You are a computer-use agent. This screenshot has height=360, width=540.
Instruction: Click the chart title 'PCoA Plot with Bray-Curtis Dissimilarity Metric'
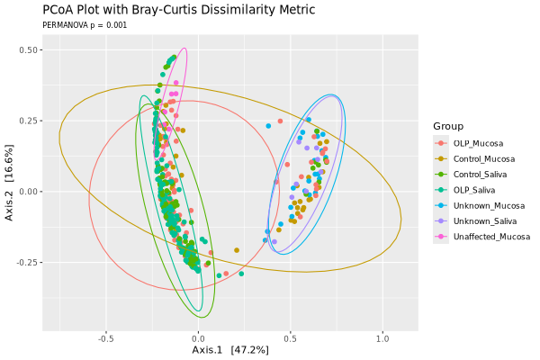point(178,11)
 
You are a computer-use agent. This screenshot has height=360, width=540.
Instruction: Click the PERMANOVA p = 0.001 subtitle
point(85,25)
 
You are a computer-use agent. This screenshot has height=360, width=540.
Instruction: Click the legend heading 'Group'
point(448,126)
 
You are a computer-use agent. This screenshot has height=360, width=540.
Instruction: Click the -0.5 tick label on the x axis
point(106,339)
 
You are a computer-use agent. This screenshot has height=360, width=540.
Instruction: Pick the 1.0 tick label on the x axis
point(382,339)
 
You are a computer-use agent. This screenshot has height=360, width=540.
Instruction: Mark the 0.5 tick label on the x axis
point(290,339)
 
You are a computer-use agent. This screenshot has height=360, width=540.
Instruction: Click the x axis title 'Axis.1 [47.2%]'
point(230,350)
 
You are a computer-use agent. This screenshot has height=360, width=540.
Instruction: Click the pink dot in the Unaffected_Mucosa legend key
point(441,236)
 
